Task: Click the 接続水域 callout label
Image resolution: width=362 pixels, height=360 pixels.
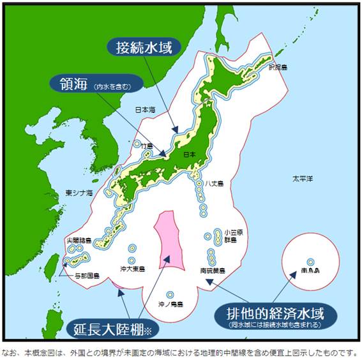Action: click(144, 47)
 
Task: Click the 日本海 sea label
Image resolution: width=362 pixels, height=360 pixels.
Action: click(145, 110)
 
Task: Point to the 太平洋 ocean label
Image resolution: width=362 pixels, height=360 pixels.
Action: click(302, 178)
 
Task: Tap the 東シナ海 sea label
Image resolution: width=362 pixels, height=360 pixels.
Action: click(79, 192)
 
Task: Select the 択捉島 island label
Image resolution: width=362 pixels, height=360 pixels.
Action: click(278, 66)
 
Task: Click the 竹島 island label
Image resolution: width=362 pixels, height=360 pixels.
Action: click(147, 146)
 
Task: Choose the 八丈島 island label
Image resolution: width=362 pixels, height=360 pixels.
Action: click(215, 184)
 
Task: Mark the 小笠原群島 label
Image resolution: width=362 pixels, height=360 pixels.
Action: click(230, 237)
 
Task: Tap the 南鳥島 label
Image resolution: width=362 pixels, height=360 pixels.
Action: click(310, 271)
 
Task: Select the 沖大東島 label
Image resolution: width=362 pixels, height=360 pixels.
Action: click(133, 269)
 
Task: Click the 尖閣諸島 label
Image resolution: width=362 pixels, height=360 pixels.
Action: click(79, 241)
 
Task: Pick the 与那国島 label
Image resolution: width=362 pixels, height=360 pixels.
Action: click(87, 276)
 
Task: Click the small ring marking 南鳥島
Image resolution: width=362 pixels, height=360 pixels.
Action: click(310, 261)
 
